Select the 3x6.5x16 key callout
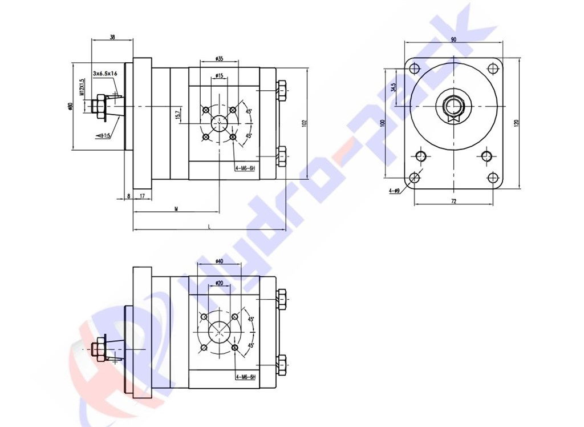point(106,74)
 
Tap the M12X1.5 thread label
point(82,87)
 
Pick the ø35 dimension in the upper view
point(219,58)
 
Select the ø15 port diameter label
point(219,76)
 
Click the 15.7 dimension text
point(178,114)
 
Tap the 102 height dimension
point(305,122)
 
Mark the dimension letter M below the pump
point(176,210)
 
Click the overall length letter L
point(209,227)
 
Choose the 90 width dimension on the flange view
point(453,39)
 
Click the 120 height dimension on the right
point(517,122)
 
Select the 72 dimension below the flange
point(453,201)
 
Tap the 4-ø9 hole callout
point(394,191)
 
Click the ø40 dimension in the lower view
point(219,261)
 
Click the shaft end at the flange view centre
point(453,106)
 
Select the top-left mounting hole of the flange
point(415,69)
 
